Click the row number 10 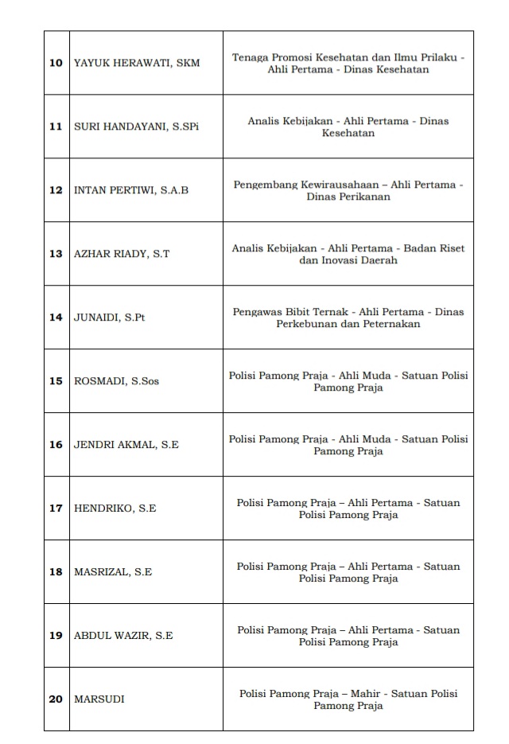(56, 63)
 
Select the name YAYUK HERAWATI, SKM (137, 63)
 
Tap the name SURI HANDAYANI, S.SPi (136, 127)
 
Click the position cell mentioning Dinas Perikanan (348, 190)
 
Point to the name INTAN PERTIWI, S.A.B (131, 190)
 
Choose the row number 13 (56, 254)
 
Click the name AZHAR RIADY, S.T (122, 254)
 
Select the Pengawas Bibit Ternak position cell (348, 317)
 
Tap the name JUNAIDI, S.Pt (110, 317)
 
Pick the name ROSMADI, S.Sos (116, 381)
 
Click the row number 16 (56, 445)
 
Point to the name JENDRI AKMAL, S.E (126, 445)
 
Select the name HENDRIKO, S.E (115, 508)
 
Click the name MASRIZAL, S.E (113, 572)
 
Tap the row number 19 (56, 636)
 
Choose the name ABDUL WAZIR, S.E (123, 636)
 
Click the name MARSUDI (99, 699)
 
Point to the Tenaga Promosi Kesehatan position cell (348, 63)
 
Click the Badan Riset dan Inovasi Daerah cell (348, 254)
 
